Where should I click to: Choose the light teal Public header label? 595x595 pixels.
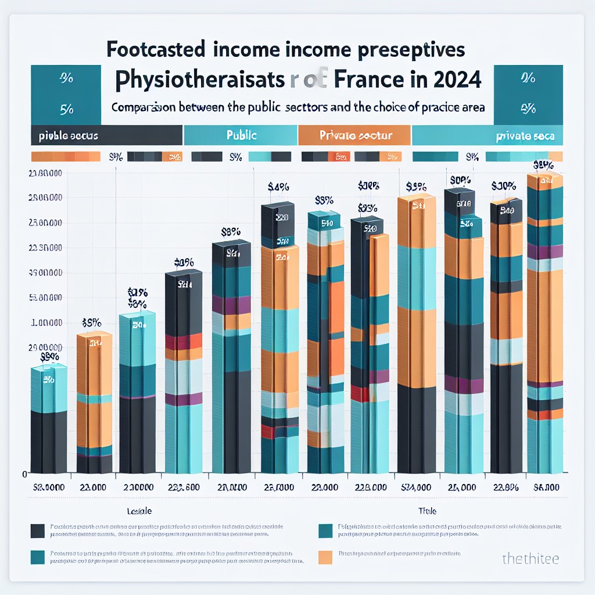click(x=241, y=135)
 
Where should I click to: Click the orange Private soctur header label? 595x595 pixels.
click(x=356, y=135)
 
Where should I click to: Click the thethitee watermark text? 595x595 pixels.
click(x=530, y=558)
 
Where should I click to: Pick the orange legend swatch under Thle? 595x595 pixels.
click(x=325, y=558)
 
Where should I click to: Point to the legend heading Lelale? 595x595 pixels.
click(x=139, y=511)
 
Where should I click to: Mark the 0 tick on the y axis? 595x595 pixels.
click(x=24, y=474)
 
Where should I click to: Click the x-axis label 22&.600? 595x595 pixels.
click(x=184, y=488)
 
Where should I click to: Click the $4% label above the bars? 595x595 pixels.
click(x=278, y=187)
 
